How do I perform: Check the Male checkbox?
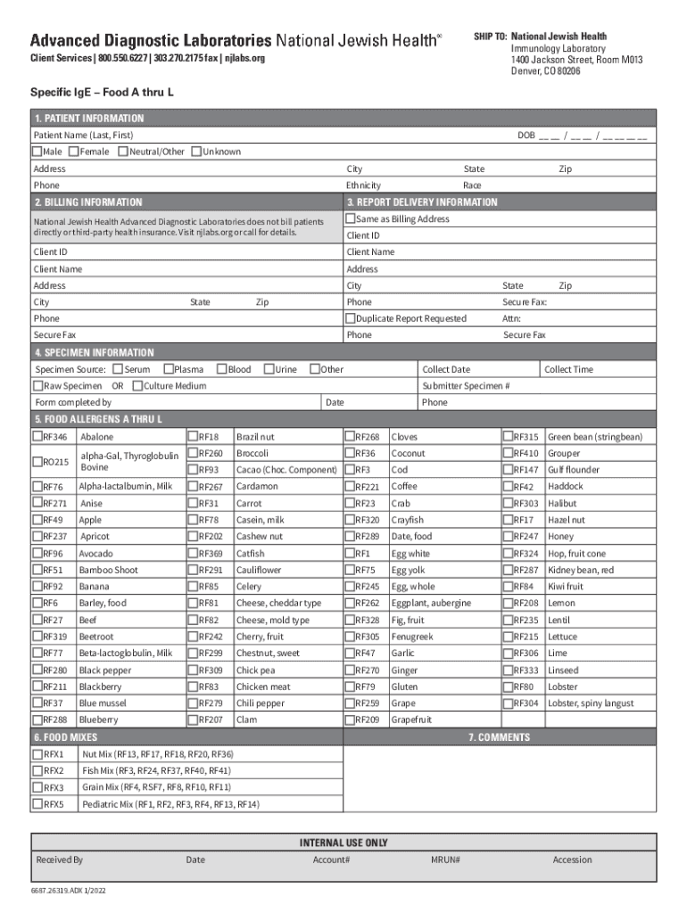(37, 152)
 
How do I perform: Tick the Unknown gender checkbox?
(196, 152)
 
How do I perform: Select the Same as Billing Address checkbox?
(351, 218)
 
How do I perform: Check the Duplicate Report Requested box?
(351, 318)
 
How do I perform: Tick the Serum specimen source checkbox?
(119, 369)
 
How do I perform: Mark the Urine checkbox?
(269, 369)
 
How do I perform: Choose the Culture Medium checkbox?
(137, 386)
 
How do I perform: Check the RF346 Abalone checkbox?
(38, 437)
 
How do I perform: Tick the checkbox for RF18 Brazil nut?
(193, 437)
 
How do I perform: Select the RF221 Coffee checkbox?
(351, 487)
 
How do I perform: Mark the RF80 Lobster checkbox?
(508, 687)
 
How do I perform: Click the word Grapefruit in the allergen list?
(411, 720)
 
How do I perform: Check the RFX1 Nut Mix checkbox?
(38, 754)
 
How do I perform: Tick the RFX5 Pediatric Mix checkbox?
(38, 804)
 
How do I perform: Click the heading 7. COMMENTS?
(500, 737)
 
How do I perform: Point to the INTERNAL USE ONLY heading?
(343, 843)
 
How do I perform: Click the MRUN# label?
(445, 860)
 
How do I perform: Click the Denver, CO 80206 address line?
(545, 71)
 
